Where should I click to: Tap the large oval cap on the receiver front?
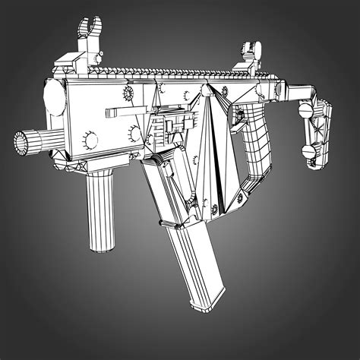point(53,96)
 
